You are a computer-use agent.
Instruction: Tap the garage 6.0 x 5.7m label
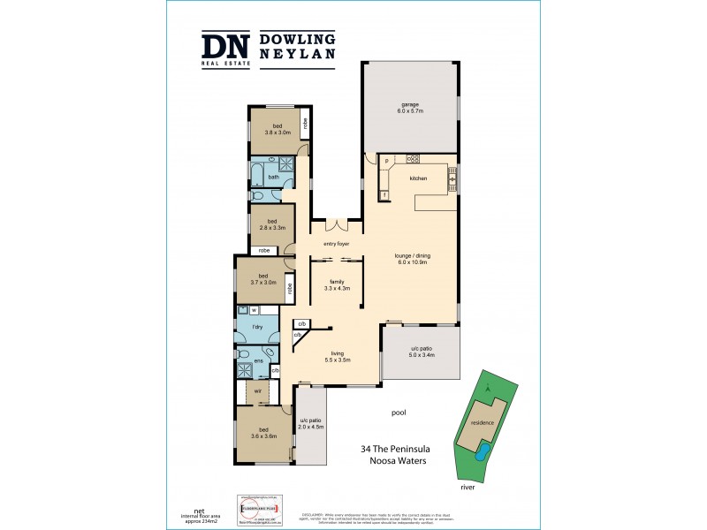pyautogui.click(x=409, y=109)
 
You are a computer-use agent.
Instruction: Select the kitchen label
pyautogui.click(x=418, y=178)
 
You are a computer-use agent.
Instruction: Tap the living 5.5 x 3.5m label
pyautogui.click(x=338, y=357)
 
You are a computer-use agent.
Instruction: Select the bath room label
pyautogui.click(x=273, y=178)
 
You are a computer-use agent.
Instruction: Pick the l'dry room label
pyautogui.click(x=259, y=329)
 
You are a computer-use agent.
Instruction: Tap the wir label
pyautogui.click(x=257, y=390)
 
